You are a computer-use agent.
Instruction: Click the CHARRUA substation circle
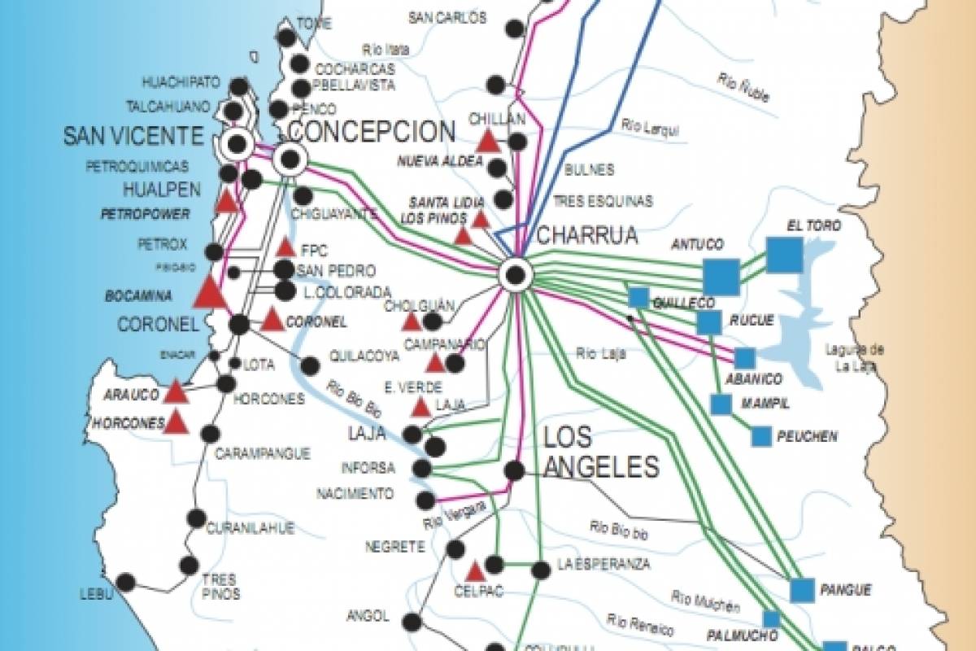point(515,274)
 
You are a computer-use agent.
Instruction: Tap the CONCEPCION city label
point(372,132)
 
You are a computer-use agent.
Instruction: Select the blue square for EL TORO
point(784,255)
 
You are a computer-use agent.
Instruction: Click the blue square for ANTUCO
point(721,277)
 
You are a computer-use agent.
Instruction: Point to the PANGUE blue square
point(802,590)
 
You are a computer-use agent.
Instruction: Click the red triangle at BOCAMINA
point(209,292)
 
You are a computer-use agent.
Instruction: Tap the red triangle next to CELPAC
point(476,571)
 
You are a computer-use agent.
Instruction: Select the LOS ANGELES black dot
point(513,470)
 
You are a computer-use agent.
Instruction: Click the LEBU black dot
point(125,582)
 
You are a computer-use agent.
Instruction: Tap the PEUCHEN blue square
point(761,436)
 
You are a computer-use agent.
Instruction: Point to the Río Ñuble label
point(744,85)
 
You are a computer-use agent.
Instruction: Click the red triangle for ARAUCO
point(176,392)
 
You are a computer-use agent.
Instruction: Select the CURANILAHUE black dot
point(196,518)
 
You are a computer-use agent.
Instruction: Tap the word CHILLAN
point(497,120)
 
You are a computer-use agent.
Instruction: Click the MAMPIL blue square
point(720,404)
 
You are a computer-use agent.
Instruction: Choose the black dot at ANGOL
point(412,623)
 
